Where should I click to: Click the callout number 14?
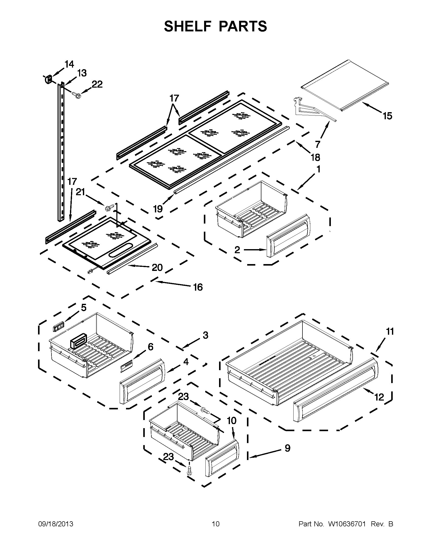click(x=69, y=64)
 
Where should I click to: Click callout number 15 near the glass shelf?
click(x=387, y=116)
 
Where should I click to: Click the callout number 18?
click(x=315, y=158)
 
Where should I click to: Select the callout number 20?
click(x=157, y=268)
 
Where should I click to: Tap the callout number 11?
click(x=390, y=332)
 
